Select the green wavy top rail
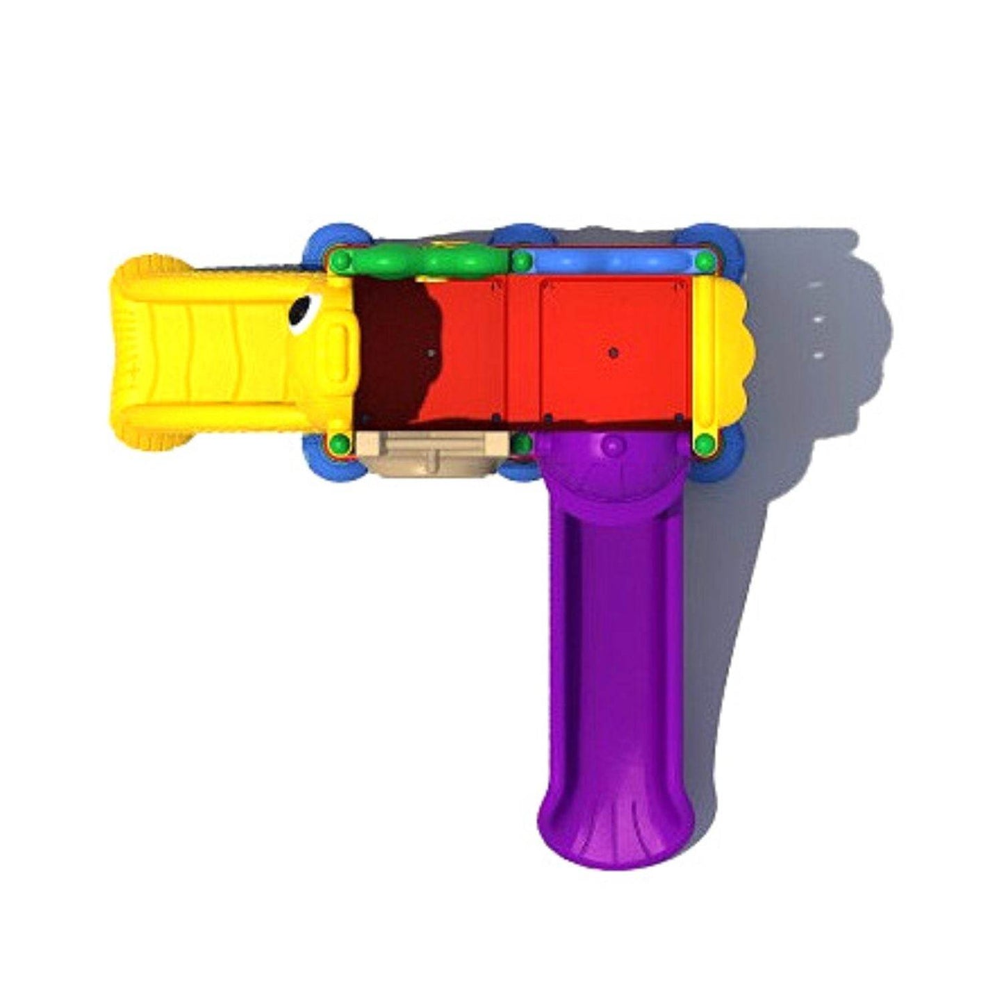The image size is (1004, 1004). click(x=427, y=261)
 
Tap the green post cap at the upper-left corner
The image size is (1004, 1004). click(x=340, y=261)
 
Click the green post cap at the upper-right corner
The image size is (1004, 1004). click(x=705, y=262)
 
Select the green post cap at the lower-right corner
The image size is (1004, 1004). click(x=704, y=442)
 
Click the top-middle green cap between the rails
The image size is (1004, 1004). click(x=521, y=262)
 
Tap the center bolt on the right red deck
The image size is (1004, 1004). click(x=612, y=353)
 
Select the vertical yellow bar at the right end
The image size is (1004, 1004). click(x=704, y=351)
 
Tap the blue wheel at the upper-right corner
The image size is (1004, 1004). click(x=716, y=240)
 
